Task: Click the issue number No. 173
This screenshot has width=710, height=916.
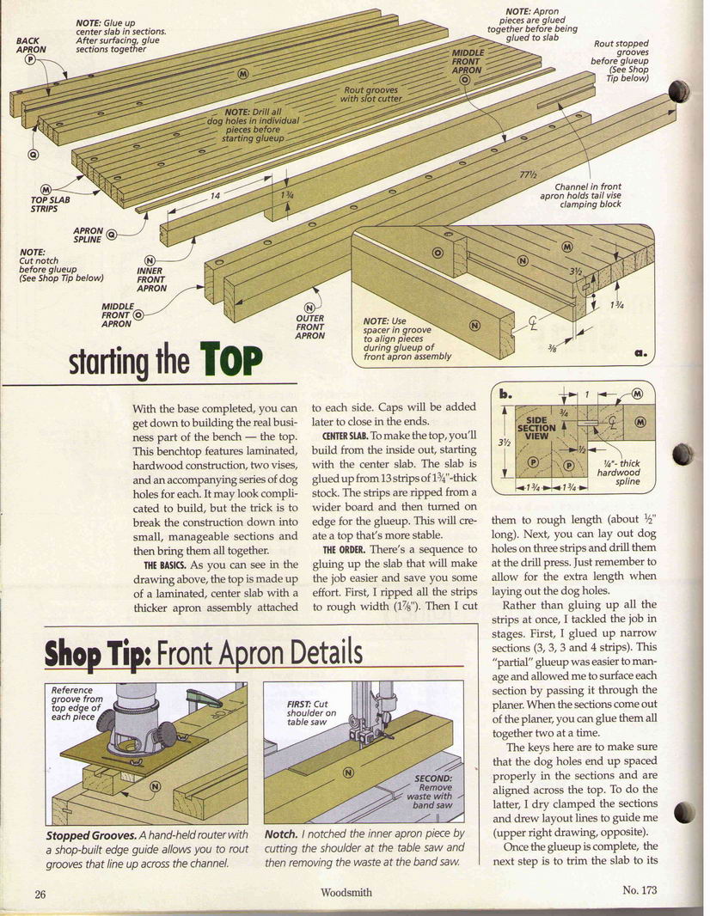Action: coord(640,890)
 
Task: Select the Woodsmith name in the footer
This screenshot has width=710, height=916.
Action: coord(346,892)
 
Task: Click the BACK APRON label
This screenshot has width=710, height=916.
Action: coord(31,45)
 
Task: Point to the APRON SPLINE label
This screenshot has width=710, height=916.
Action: coord(88,235)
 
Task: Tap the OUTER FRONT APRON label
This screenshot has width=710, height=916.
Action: coord(309,327)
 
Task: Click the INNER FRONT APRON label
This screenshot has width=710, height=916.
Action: coord(152,279)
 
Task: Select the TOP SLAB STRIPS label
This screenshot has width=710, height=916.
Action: coord(50,204)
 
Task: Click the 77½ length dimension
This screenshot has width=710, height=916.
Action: coord(529,174)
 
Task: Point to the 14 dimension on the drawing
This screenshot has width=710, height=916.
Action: coord(215,196)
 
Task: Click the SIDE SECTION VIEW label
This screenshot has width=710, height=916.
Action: coord(536,428)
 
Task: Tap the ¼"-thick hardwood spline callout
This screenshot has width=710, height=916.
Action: coord(621,472)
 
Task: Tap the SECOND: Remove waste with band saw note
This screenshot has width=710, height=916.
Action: coord(432,791)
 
